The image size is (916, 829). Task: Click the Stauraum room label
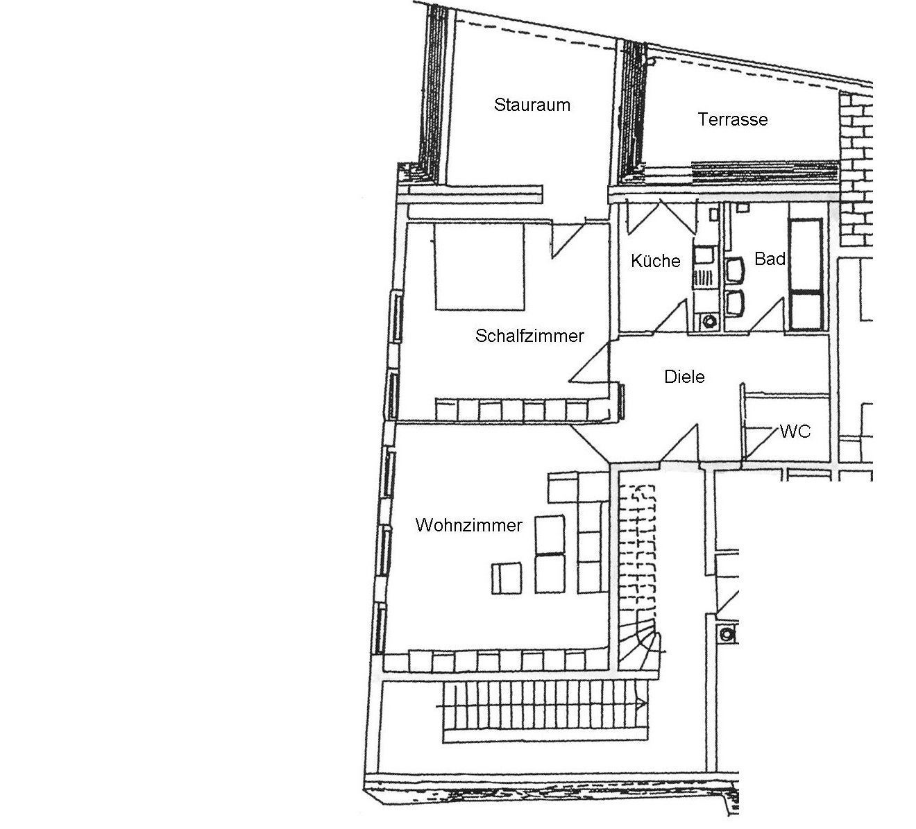[532, 105]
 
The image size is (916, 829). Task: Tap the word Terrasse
[732, 119]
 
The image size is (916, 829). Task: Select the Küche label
[655, 261]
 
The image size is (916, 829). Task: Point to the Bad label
[770, 259]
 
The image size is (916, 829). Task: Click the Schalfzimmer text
[529, 336]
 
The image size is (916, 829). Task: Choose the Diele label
[684, 377]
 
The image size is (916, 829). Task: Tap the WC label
[795, 431]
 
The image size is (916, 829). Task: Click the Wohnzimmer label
[469, 525]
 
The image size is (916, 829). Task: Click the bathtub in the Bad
[807, 274]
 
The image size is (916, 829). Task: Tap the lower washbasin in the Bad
[735, 302]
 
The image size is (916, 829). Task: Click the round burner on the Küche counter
[709, 321]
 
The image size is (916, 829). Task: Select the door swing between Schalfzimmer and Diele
[590, 363]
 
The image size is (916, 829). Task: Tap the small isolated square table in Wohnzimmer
[507, 578]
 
